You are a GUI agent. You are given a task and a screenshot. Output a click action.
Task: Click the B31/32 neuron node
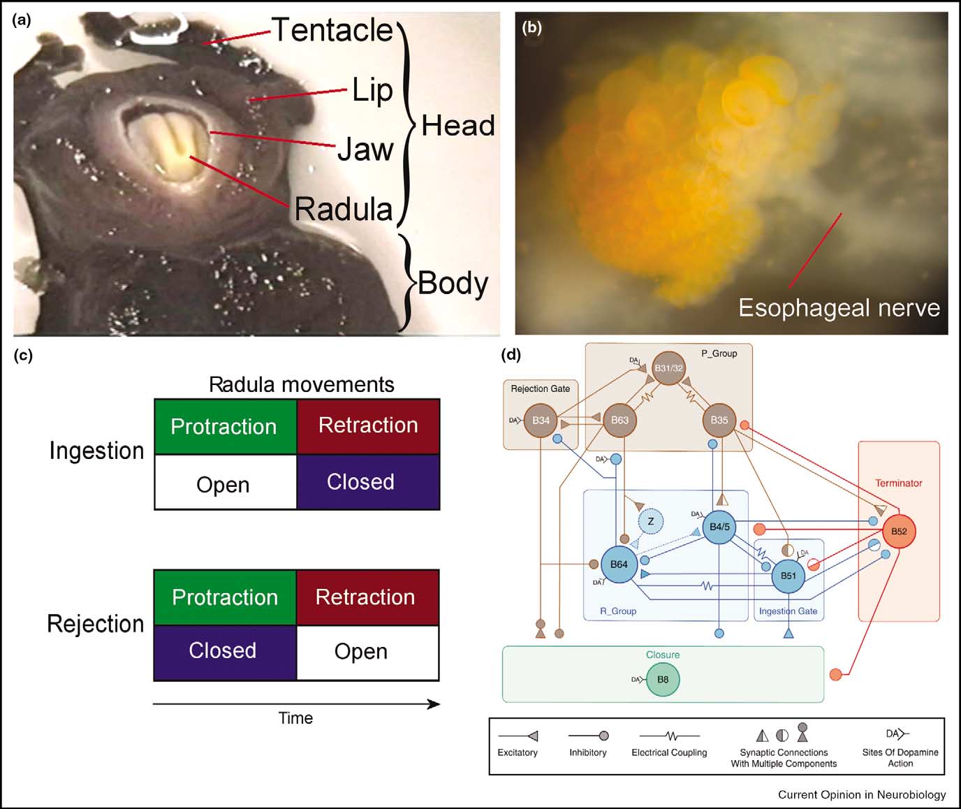(668, 368)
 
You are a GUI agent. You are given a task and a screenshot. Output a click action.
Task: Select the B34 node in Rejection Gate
(541, 420)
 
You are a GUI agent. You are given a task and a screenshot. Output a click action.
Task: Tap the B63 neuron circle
(619, 420)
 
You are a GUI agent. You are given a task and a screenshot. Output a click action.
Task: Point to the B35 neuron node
(719, 420)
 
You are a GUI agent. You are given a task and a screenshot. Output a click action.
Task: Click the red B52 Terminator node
(899, 531)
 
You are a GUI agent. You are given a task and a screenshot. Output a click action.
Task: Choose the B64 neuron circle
(619, 564)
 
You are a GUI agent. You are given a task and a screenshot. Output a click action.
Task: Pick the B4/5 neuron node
(719, 527)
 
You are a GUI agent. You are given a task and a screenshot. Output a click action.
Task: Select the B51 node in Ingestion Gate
(788, 576)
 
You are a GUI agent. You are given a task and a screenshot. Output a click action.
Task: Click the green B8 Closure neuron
(663, 679)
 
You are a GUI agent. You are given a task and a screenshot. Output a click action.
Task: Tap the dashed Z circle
(650, 521)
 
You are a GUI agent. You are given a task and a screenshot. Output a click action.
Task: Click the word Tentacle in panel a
(332, 30)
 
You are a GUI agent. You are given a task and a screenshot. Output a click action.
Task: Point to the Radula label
(344, 209)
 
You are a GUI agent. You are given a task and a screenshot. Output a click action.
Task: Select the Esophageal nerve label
(839, 308)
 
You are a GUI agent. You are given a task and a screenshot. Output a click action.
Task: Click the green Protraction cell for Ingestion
(224, 426)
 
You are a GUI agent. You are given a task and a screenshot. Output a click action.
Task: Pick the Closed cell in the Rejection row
(223, 651)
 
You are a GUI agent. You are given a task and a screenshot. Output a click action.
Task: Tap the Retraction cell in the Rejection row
(365, 597)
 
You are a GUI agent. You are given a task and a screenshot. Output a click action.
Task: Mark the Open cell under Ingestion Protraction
(223, 484)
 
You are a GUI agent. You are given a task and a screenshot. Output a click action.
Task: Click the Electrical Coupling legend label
(669, 752)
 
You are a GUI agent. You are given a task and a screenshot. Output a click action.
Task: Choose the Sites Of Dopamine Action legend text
(900, 757)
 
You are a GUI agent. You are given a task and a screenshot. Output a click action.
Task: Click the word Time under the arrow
(295, 718)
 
